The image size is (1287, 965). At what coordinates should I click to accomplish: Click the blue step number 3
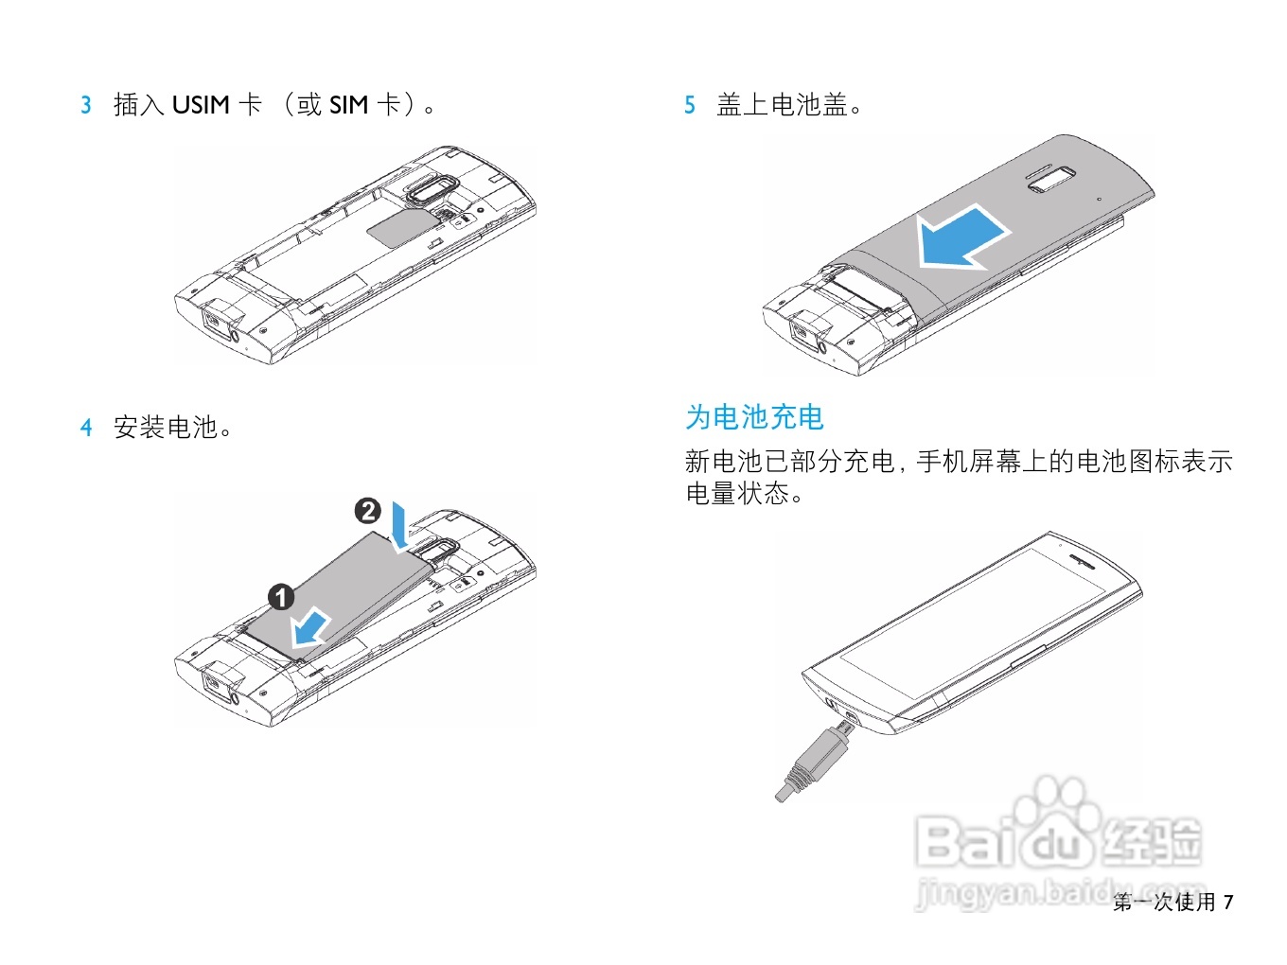pos(85,105)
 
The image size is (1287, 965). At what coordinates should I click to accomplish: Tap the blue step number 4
pos(86,427)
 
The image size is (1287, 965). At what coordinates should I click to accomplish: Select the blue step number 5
pos(690,105)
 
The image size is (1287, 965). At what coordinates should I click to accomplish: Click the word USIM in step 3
pos(201,105)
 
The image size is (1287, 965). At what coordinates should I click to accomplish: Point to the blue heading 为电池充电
pos(754,417)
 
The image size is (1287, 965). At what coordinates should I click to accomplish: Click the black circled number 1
pos(281,597)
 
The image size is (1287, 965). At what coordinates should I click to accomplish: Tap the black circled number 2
pos(367,511)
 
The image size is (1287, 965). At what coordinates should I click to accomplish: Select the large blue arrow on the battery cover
pos(961,238)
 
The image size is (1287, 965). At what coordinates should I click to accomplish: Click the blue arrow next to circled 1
pos(310,627)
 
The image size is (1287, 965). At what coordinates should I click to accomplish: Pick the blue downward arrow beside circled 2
pos(400,527)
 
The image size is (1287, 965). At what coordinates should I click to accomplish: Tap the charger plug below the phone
pos(812,764)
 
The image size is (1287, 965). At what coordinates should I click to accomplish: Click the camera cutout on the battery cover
pos(1052,180)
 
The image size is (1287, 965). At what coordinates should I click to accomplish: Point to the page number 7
pos(1228,901)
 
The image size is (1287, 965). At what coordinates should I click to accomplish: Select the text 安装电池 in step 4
pos(166,427)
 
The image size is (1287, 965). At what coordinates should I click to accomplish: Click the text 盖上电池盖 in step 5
pos(783,105)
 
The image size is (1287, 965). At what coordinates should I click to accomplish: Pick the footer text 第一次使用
pos(1164,902)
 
